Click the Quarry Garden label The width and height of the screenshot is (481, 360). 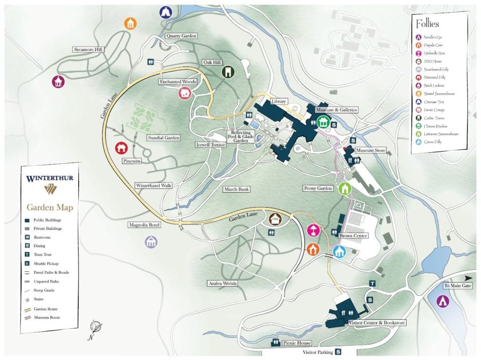pos(181,36)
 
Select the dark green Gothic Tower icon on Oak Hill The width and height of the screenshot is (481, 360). pos(228,72)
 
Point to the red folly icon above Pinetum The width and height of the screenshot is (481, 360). pos(121,148)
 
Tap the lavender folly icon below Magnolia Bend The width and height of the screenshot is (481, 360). pos(151,242)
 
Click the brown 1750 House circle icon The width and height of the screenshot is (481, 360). pos(274,218)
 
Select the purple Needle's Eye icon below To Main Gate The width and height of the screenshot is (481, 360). pos(442,301)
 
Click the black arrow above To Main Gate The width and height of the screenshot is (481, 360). pos(468,277)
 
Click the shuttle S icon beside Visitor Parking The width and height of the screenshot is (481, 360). pos(338,352)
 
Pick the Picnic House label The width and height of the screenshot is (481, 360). pos(296,343)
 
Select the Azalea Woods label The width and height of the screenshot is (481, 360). pos(222,284)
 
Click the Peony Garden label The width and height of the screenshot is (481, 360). pos(318,188)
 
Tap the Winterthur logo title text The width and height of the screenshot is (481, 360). pos(50,178)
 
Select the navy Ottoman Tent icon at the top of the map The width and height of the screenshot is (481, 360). pos(166,12)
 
